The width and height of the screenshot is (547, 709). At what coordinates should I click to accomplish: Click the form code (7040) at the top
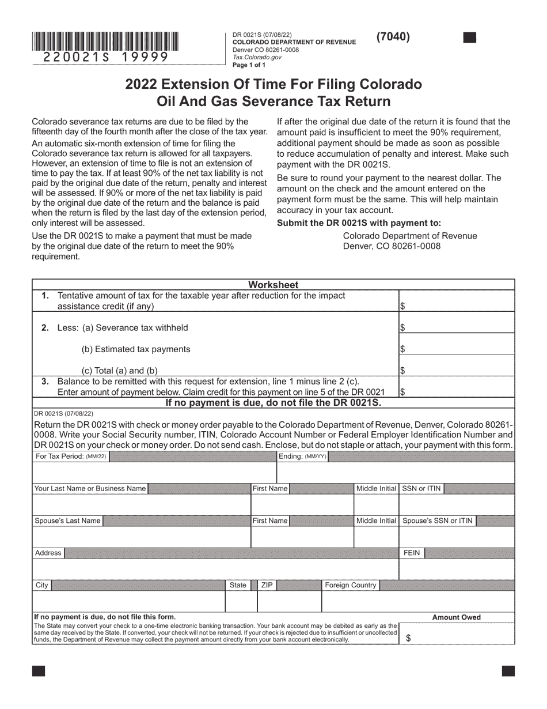coord(393,37)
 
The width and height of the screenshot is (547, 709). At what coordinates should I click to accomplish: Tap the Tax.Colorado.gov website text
coord(257,57)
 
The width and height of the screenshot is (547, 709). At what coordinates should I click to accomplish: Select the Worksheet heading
coord(273,285)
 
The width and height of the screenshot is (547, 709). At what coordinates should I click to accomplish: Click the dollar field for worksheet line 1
coord(457,306)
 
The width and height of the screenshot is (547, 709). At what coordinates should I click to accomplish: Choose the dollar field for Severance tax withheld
coord(457,327)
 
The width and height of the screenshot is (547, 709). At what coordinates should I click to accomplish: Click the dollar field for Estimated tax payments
coord(457,349)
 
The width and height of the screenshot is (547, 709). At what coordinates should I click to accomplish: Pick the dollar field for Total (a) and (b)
coord(457,370)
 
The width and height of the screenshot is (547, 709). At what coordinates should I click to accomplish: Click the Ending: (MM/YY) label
coord(303,457)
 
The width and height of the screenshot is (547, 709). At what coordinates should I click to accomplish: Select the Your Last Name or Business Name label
coord(90,489)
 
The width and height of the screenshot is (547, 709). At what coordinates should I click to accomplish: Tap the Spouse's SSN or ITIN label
coord(438,521)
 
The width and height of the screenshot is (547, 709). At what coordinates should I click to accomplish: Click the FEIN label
coord(412,553)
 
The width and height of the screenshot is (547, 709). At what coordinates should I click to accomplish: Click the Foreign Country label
coord(351,586)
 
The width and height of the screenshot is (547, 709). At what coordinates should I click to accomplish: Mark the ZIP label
coord(267,586)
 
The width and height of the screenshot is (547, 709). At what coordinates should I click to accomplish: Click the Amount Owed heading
coord(456,617)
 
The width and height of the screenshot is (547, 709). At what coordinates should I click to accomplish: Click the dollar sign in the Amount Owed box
coord(409,638)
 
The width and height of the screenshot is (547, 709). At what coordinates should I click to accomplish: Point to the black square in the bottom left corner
coord(39,671)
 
